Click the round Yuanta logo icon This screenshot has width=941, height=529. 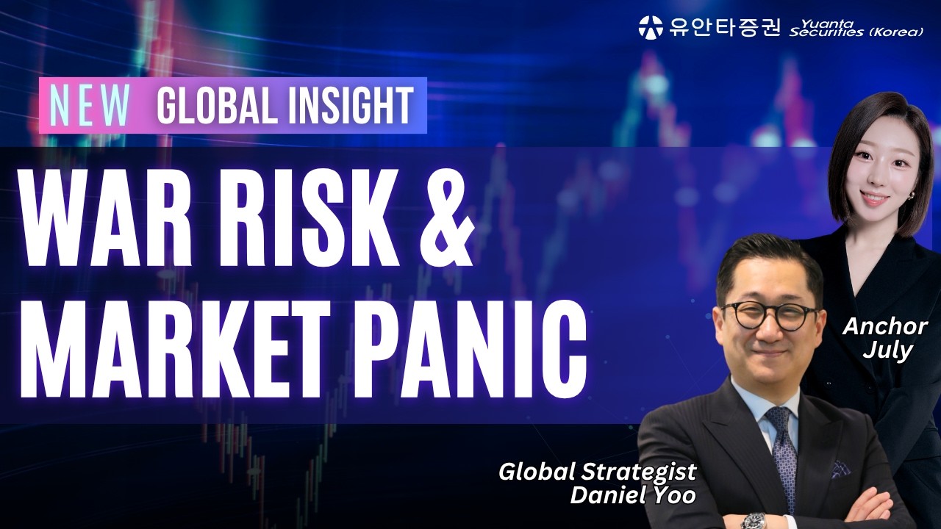pos(651,27)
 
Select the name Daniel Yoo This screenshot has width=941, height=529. pos(633,495)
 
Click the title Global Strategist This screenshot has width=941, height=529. pos(597,472)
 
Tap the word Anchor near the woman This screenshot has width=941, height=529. pos(884,326)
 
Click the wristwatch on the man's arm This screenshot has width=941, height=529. pos(754,521)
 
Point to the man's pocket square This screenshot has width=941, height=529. pos(841,467)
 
